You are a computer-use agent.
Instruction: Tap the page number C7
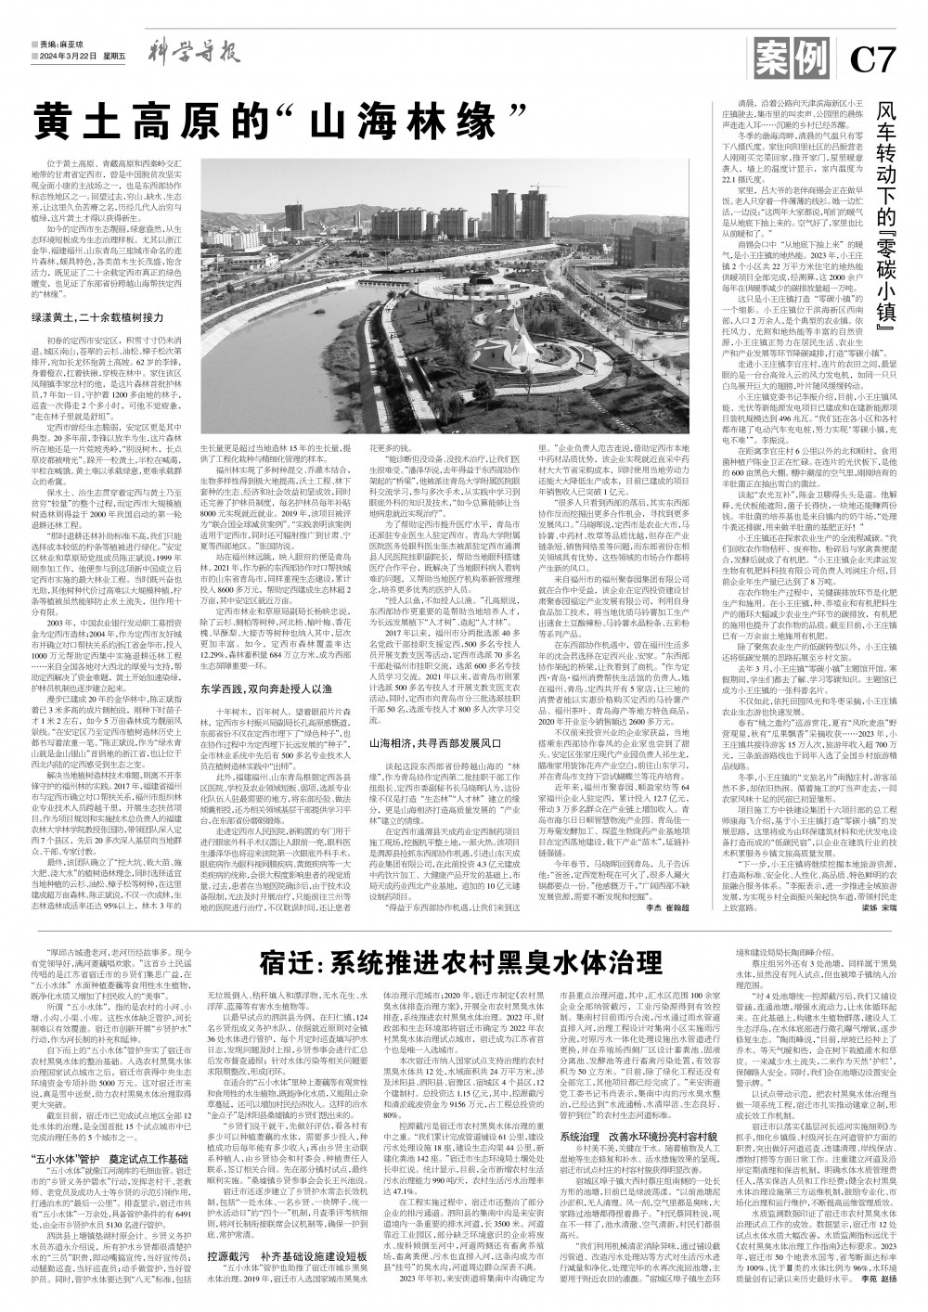click(x=875, y=61)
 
